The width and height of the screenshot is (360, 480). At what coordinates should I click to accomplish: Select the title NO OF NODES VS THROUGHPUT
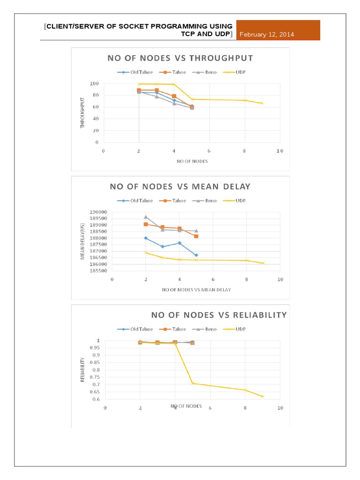180,58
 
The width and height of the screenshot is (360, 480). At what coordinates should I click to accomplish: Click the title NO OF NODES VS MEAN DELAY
180,187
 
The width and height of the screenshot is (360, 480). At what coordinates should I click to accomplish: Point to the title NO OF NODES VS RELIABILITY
218,315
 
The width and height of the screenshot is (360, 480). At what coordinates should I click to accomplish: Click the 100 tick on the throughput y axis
95,83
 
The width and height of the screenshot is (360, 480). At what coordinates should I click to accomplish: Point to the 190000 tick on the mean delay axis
98,212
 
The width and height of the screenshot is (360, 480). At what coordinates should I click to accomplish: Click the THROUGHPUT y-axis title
82,112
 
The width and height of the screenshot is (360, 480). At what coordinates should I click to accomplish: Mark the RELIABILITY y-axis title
83,369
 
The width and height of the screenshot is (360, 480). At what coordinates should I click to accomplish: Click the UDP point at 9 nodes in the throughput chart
262,103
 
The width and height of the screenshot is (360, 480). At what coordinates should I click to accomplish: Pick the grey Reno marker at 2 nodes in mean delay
146,217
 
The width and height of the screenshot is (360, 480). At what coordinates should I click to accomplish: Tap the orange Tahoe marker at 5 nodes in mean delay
196,236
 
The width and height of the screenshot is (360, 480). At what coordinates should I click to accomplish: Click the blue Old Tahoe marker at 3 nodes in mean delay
162,247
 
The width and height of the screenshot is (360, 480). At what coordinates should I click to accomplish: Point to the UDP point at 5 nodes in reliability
192,383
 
